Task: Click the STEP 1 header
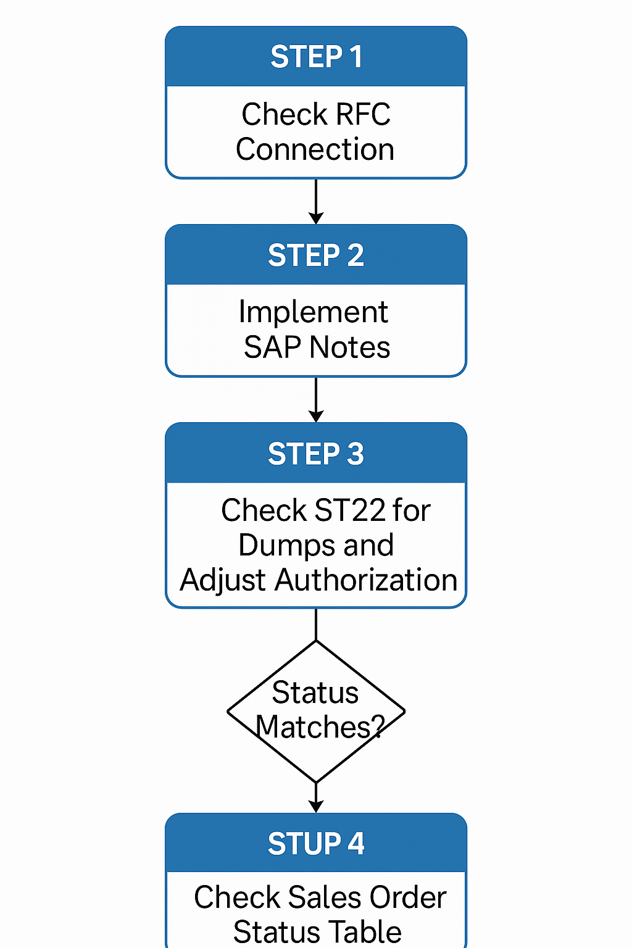(316, 57)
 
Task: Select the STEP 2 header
(316, 256)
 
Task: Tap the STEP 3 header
(316, 454)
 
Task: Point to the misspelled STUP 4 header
(316, 844)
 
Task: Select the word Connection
(315, 149)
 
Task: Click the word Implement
(314, 312)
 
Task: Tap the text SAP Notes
(317, 347)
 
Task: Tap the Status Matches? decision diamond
(316, 711)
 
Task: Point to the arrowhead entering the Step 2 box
(316, 218)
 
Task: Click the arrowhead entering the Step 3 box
(316, 417)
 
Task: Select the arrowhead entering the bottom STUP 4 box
(316, 807)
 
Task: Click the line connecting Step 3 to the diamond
(316, 624)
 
